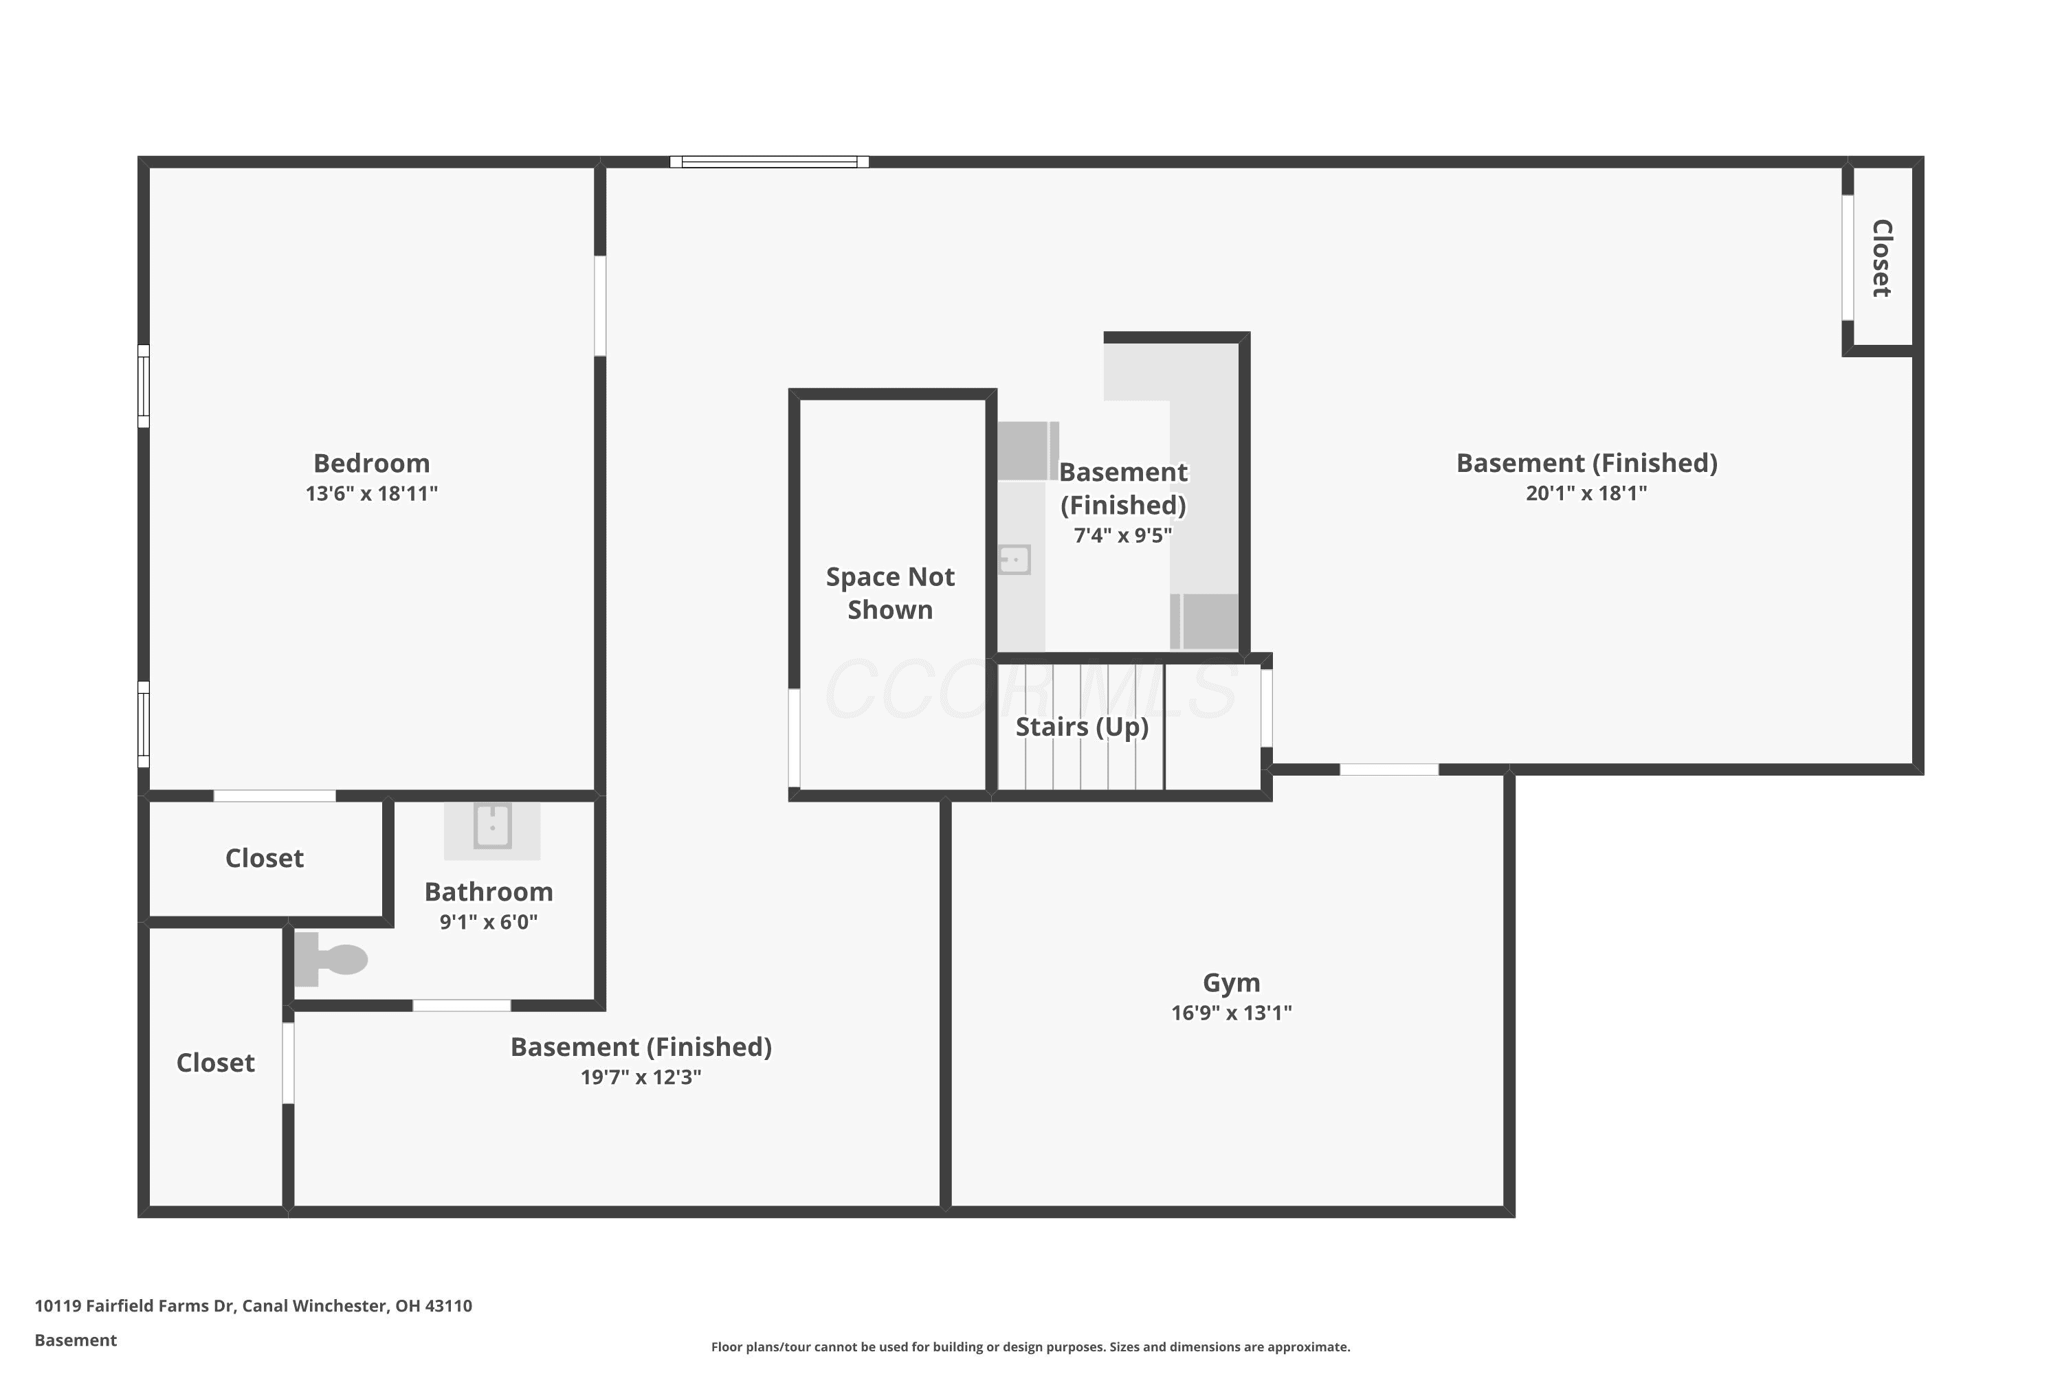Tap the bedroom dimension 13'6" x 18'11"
pos(372,493)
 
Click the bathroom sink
pos(492,826)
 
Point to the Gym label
pos(1232,983)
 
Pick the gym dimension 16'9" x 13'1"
pos(1232,1013)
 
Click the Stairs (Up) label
pos(1082,726)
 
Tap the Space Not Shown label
pos(891,594)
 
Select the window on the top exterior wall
pos(770,162)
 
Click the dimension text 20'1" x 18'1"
pos(1587,493)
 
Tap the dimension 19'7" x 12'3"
pos(641,1077)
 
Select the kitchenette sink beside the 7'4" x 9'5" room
pos(1015,559)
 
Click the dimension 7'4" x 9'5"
pos(1123,535)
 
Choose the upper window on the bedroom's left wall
pos(144,386)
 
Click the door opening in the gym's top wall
pos(1390,769)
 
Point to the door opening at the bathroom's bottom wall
pos(462,1005)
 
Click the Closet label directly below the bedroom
pos(265,858)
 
